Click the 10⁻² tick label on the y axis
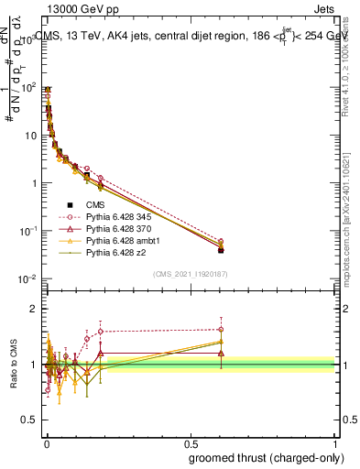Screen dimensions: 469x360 [x=31, y=278]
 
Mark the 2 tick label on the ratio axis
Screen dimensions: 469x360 [x=35, y=309]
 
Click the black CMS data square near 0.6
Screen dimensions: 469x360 [x=221, y=249]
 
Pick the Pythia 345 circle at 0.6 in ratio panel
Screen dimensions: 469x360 [x=221, y=330]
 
